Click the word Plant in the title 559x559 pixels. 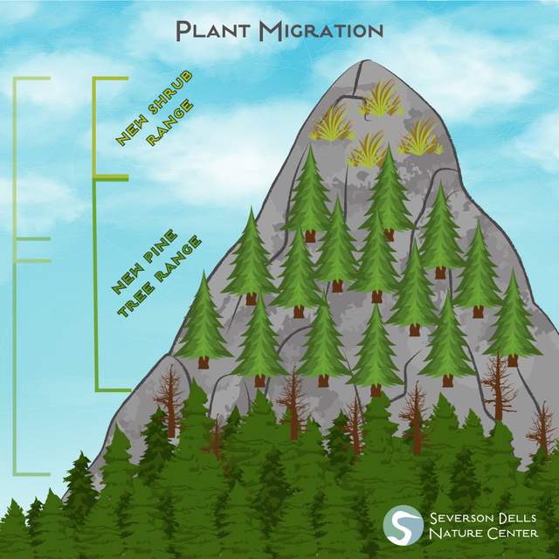[x=213, y=31]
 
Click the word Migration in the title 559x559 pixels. [x=321, y=31]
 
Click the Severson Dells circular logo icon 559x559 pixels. [x=404, y=525]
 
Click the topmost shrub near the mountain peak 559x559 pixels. [x=381, y=98]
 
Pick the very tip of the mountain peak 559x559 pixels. [x=367, y=60]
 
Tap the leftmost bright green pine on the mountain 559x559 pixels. [x=204, y=321]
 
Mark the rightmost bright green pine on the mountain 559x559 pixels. [x=513, y=319]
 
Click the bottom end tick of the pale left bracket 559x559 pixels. [x=32, y=474]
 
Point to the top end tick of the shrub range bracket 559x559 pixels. [x=111, y=79]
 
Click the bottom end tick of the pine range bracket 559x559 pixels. [x=114, y=390]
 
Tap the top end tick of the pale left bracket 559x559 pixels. [x=32, y=79]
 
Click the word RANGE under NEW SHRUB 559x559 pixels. [x=170, y=122]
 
